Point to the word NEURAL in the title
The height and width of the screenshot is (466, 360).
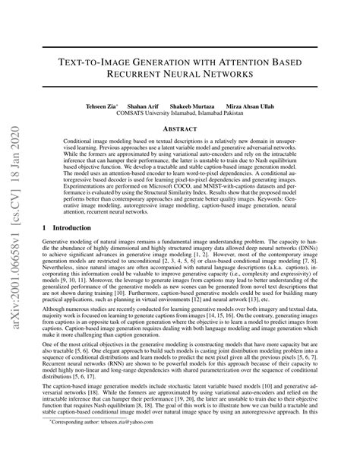188,75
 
